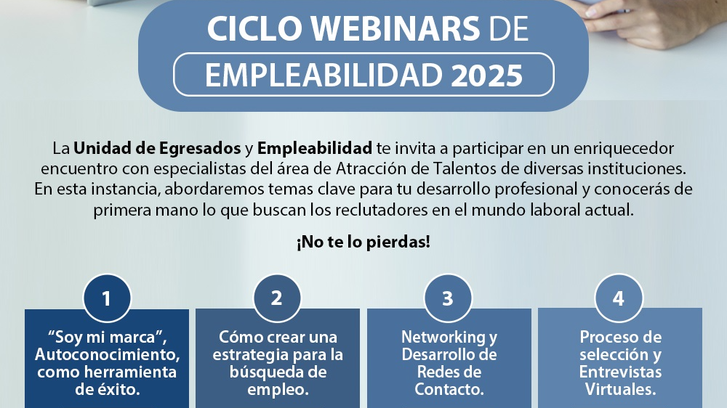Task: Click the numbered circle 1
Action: tap(107, 298)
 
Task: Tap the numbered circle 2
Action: tap(277, 298)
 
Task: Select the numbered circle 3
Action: tap(448, 298)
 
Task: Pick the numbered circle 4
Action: tap(619, 298)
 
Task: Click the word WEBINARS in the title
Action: tap(395, 29)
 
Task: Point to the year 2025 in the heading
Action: tap(487, 75)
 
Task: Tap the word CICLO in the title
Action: tap(254, 29)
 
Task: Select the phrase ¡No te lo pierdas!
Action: tap(363, 242)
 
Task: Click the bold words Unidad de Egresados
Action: tap(157, 148)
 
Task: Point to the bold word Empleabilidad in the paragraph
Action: tap(315, 148)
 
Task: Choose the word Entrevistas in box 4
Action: tap(620, 372)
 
